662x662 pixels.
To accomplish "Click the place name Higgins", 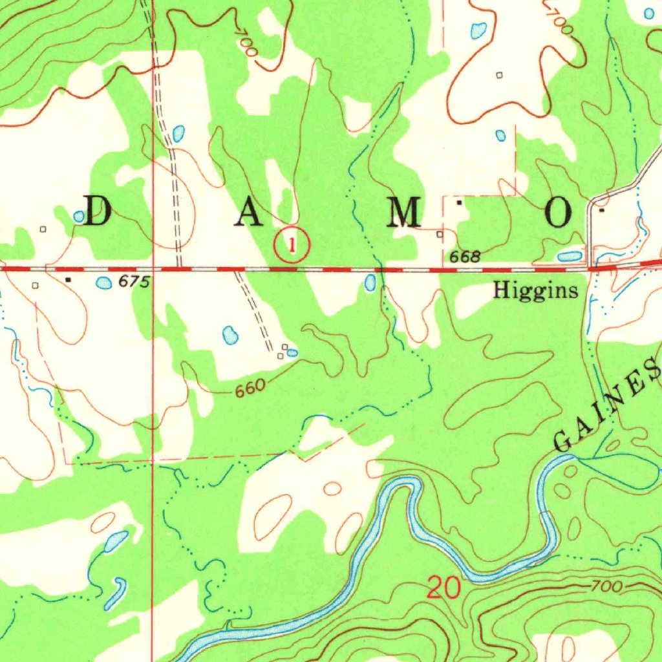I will click(535, 291).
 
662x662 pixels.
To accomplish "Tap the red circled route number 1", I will click(292, 245).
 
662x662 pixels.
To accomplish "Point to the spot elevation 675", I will click(134, 283).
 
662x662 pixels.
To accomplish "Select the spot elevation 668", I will click(465, 257).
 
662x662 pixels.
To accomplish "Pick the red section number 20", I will click(444, 588).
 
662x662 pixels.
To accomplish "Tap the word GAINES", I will click(608, 409).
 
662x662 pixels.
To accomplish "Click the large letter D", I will click(98, 211).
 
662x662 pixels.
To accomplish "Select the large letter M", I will click(403, 212).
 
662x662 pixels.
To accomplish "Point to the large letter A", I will click(249, 212).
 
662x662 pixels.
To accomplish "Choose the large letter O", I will click(559, 212).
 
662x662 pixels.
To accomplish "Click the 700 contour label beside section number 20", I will click(606, 587).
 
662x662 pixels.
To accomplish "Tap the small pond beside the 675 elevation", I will click(103, 283).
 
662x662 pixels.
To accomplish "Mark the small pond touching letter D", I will click(79, 217).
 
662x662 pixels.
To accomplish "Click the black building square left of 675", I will click(69, 280).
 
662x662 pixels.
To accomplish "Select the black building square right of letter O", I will click(603, 210).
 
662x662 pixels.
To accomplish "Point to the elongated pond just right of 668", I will click(570, 257).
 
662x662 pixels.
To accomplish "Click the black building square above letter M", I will click(459, 202).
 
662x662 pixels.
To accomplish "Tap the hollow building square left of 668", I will click(440, 235).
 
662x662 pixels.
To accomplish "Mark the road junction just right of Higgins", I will click(591, 266).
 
